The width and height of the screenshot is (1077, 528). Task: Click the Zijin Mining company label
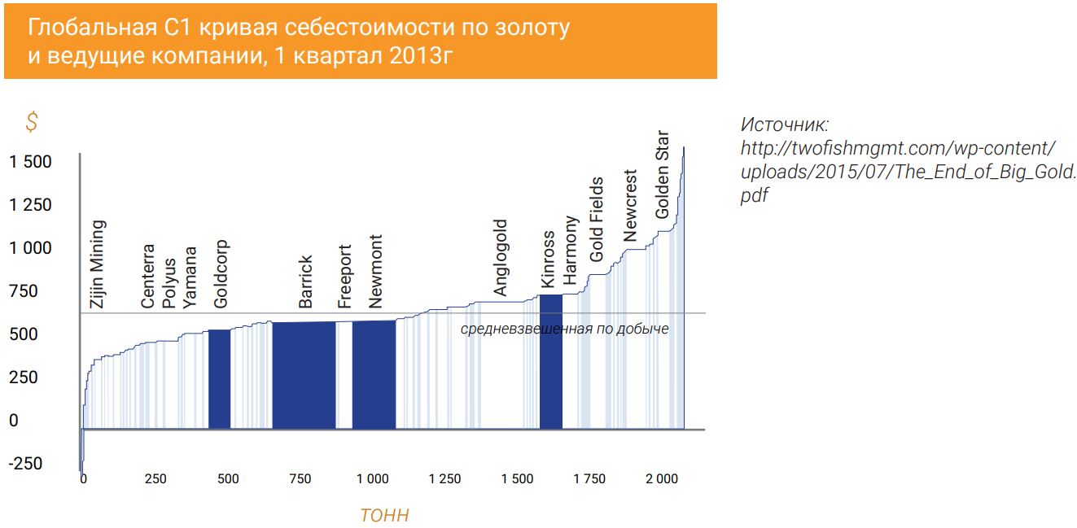pos(97,263)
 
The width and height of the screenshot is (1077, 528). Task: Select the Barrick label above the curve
pos(305,281)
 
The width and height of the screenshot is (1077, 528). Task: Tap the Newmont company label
pos(374,272)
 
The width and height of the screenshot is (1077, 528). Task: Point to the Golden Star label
pos(662,175)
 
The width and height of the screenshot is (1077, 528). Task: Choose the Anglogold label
pos(501,257)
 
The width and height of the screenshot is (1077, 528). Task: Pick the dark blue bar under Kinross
pos(551,362)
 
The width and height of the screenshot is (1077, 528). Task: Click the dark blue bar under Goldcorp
pos(220,379)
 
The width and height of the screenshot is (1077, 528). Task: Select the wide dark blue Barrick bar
pos(304,375)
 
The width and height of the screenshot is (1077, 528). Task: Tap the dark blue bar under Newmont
pos(374,374)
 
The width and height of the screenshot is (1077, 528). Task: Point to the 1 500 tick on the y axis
pos(30,162)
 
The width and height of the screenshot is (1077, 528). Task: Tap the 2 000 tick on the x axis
pos(662,479)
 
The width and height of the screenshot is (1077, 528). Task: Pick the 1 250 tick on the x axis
pos(444,479)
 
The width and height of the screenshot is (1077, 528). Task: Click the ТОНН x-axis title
pos(384,516)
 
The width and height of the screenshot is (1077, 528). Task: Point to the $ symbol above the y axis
pos(32,123)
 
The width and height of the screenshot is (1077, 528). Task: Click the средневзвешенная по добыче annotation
pos(564,329)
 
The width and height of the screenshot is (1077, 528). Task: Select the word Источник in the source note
pos(784,125)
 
